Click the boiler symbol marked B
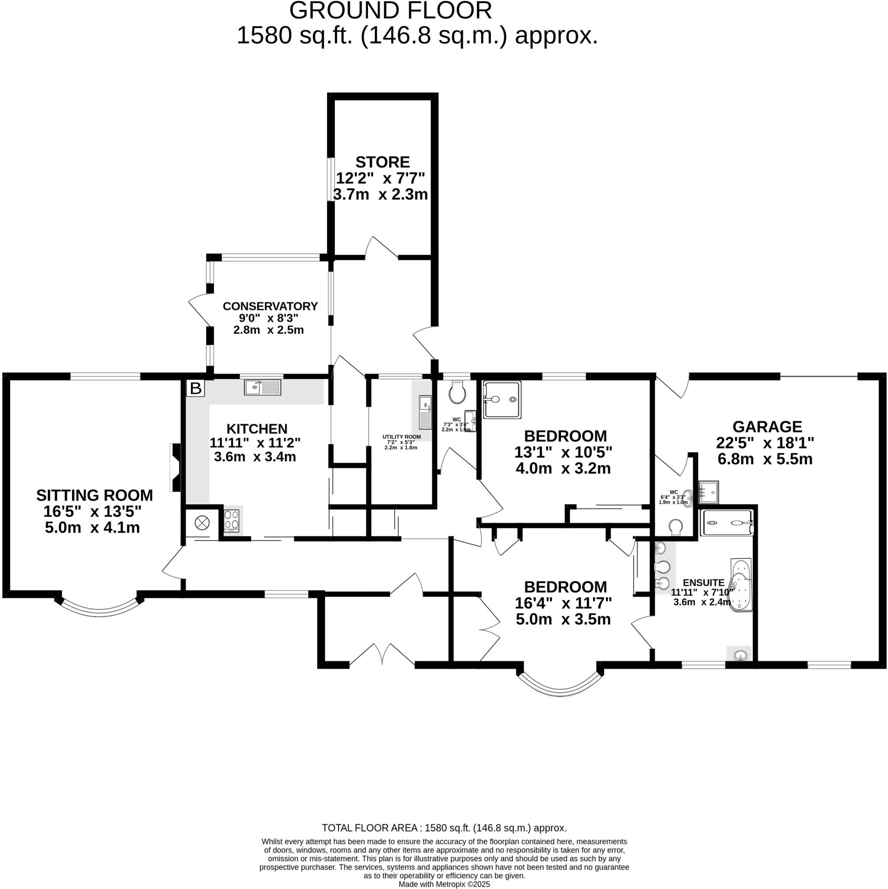pos(196,389)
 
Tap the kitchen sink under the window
pos(262,388)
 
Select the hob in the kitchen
pos(231,520)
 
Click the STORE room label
pos(382,162)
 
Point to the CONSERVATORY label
pos(270,306)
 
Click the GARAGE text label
pos(767,427)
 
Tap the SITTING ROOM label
pos(94,495)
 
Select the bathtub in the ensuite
pos(741,584)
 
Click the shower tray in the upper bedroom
pos(502,399)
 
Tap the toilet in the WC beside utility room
pos(458,392)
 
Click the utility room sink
pos(425,412)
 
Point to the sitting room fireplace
pos(175,468)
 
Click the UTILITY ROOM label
pos(401,437)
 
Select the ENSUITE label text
pos(703,583)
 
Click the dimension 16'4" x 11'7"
pos(563,603)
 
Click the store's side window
pos(331,179)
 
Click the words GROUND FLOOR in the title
pos(390,11)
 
